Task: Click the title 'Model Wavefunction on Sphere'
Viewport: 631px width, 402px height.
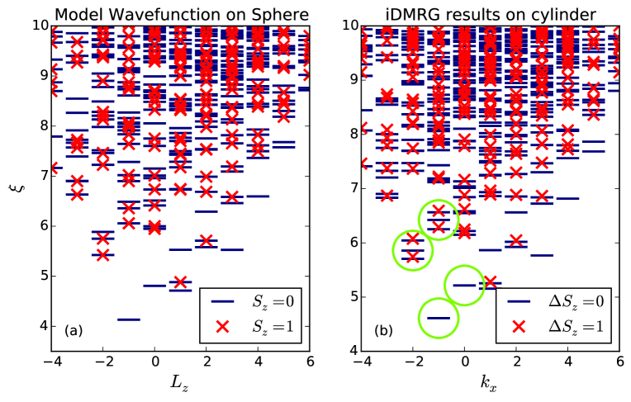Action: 181,12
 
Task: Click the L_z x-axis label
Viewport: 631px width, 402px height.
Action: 181,385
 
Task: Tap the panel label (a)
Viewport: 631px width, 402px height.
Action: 74,331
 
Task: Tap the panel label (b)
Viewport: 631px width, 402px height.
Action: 383,331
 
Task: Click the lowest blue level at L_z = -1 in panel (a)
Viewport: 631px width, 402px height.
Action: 129,319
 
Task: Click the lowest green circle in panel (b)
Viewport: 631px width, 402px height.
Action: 439,318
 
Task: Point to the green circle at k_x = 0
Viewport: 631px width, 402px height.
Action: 464,285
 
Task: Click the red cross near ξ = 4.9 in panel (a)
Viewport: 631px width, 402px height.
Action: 180,282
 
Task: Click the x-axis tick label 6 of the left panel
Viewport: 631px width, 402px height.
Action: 309,363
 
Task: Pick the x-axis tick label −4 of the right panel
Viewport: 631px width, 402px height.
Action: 359,363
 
